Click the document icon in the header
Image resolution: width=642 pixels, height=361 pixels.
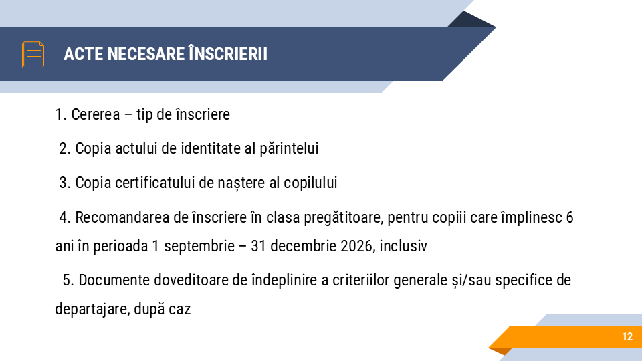click(33, 54)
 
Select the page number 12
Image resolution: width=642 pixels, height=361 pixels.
click(627, 337)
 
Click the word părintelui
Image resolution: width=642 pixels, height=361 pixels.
click(289, 148)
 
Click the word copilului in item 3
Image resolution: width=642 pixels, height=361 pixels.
click(313, 183)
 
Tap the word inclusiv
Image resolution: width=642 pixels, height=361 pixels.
click(403, 246)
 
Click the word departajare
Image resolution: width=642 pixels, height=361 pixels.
click(91, 310)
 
